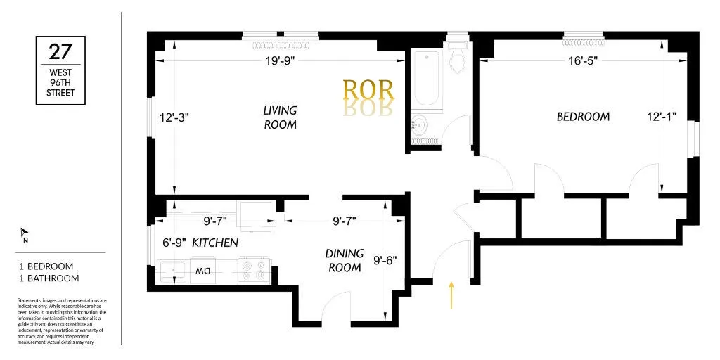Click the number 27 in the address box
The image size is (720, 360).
pyautogui.click(x=60, y=53)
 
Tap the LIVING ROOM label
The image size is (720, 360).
pyautogui.click(x=280, y=117)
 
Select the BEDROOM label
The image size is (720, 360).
pyautogui.click(x=583, y=117)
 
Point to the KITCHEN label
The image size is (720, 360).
pyautogui.click(x=215, y=243)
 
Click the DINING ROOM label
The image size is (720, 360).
pyautogui.click(x=344, y=260)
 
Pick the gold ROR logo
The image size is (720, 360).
pyautogui.click(x=368, y=90)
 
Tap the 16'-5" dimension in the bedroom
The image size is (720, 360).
pyautogui.click(x=583, y=61)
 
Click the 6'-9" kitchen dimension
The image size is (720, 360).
pyautogui.click(x=174, y=243)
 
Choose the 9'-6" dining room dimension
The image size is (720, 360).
pyautogui.click(x=385, y=260)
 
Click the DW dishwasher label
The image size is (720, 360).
pyautogui.click(x=203, y=271)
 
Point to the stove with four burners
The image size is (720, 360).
pyautogui.click(x=255, y=271)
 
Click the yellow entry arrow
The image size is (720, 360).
pyautogui.click(x=451, y=295)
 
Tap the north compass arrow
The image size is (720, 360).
pyautogui.click(x=25, y=233)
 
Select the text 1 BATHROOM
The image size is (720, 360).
pyautogui.click(x=49, y=278)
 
